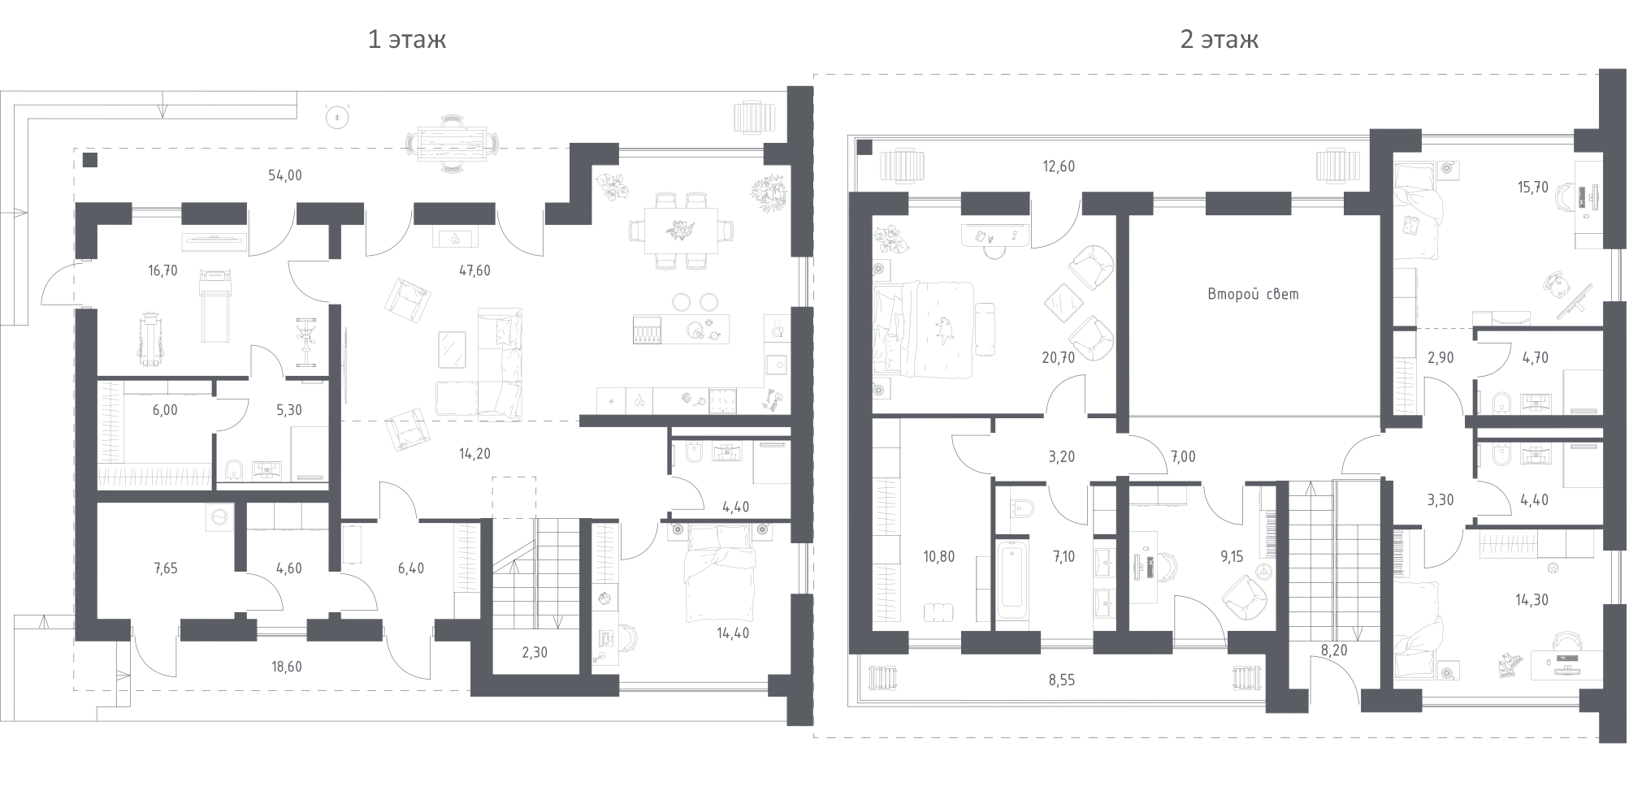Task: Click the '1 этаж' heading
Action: (406, 39)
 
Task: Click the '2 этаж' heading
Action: (1219, 39)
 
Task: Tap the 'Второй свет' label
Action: (1253, 294)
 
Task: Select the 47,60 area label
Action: (474, 270)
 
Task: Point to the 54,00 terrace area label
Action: (284, 175)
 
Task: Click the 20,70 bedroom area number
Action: (1058, 356)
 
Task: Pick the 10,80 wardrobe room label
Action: (938, 557)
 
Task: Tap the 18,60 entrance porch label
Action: (286, 667)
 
